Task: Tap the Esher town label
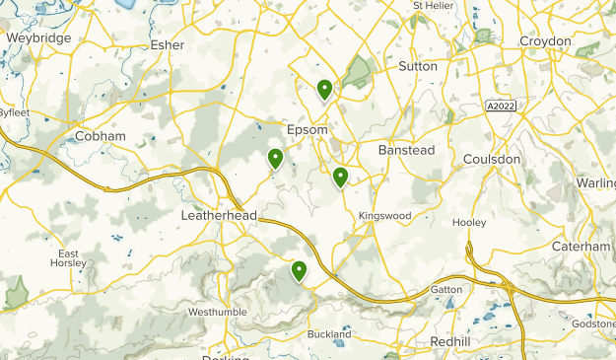tap(168, 44)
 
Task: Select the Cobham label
tap(101, 135)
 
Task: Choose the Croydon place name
tap(546, 41)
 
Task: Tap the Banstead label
tap(406, 150)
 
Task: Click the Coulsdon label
tap(491, 159)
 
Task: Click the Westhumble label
tap(217, 312)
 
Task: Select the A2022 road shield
tap(502, 105)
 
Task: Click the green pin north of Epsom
tap(324, 90)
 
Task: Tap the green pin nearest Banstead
tap(340, 177)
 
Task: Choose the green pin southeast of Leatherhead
tap(298, 269)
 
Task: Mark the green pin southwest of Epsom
tap(276, 157)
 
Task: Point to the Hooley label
tap(469, 222)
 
